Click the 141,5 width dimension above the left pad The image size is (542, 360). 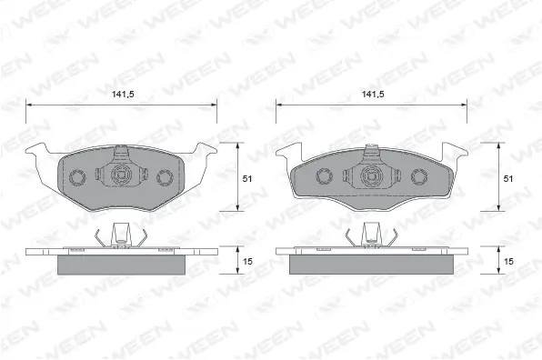point(123,94)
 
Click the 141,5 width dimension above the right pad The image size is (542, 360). point(373,94)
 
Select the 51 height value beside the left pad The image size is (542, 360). point(247,178)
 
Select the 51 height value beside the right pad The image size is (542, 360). point(508,178)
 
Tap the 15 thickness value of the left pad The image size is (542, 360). point(247,262)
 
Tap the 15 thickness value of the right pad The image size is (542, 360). point(508,262)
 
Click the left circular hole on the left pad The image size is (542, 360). point(77,177)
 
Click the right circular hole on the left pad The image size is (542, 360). point(165,177)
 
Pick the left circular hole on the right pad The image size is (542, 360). point(325,176)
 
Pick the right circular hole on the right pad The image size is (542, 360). point(419,176)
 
